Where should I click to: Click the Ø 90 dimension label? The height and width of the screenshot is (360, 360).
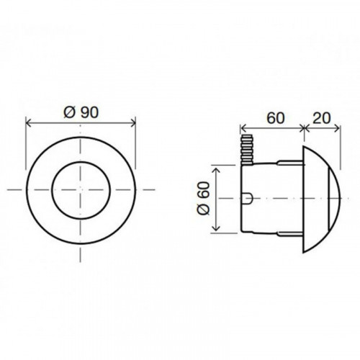tap(81, 112)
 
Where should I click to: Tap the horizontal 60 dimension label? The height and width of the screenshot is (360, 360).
tap(276, 118)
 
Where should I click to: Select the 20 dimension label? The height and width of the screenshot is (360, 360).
tap(322, 118)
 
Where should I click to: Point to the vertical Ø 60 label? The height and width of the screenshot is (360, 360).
tap(203, 198)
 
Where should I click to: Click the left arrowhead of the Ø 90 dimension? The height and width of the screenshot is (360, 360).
tap(29, 123)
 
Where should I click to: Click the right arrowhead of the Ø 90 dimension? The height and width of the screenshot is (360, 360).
tap(132, 123)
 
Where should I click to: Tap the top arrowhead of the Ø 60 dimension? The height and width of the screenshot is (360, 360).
tap(216, 171)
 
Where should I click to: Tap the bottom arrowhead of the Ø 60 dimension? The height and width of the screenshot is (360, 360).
tap(216, 228)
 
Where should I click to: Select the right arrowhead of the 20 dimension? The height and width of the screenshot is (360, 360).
tap(337, 129)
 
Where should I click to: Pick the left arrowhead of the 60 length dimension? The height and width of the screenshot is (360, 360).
tap(243, 129)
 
